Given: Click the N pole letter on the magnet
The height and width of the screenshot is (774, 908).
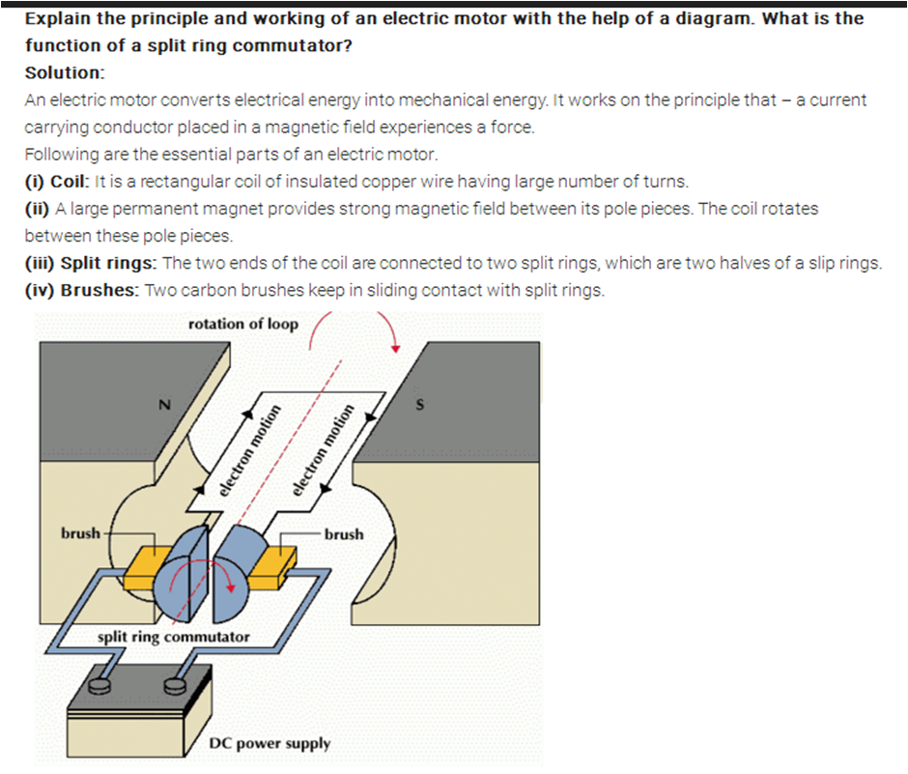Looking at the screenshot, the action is tap(164, 406).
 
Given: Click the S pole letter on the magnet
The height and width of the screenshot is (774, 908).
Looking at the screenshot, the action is tap(419, 404).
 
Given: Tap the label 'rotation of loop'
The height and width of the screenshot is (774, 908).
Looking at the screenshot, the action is tap(243, 324).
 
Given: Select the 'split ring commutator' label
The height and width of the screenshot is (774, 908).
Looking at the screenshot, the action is tap(174, 637).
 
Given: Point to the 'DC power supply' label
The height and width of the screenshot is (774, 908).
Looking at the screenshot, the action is tap(270, 743).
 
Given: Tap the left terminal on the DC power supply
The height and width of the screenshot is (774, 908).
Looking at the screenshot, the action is tap(100, 686).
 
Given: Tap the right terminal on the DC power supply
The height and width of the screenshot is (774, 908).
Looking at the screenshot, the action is tap(176, 686).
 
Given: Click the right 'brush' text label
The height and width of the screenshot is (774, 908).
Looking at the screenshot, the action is tap(344, 533).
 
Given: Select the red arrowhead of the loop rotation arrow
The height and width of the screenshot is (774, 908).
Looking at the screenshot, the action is tap(394, 348).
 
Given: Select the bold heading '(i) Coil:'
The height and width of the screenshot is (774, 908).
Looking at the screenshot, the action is tap(57, 181).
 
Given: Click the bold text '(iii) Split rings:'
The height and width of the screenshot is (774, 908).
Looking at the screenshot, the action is tap(91, 263).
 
